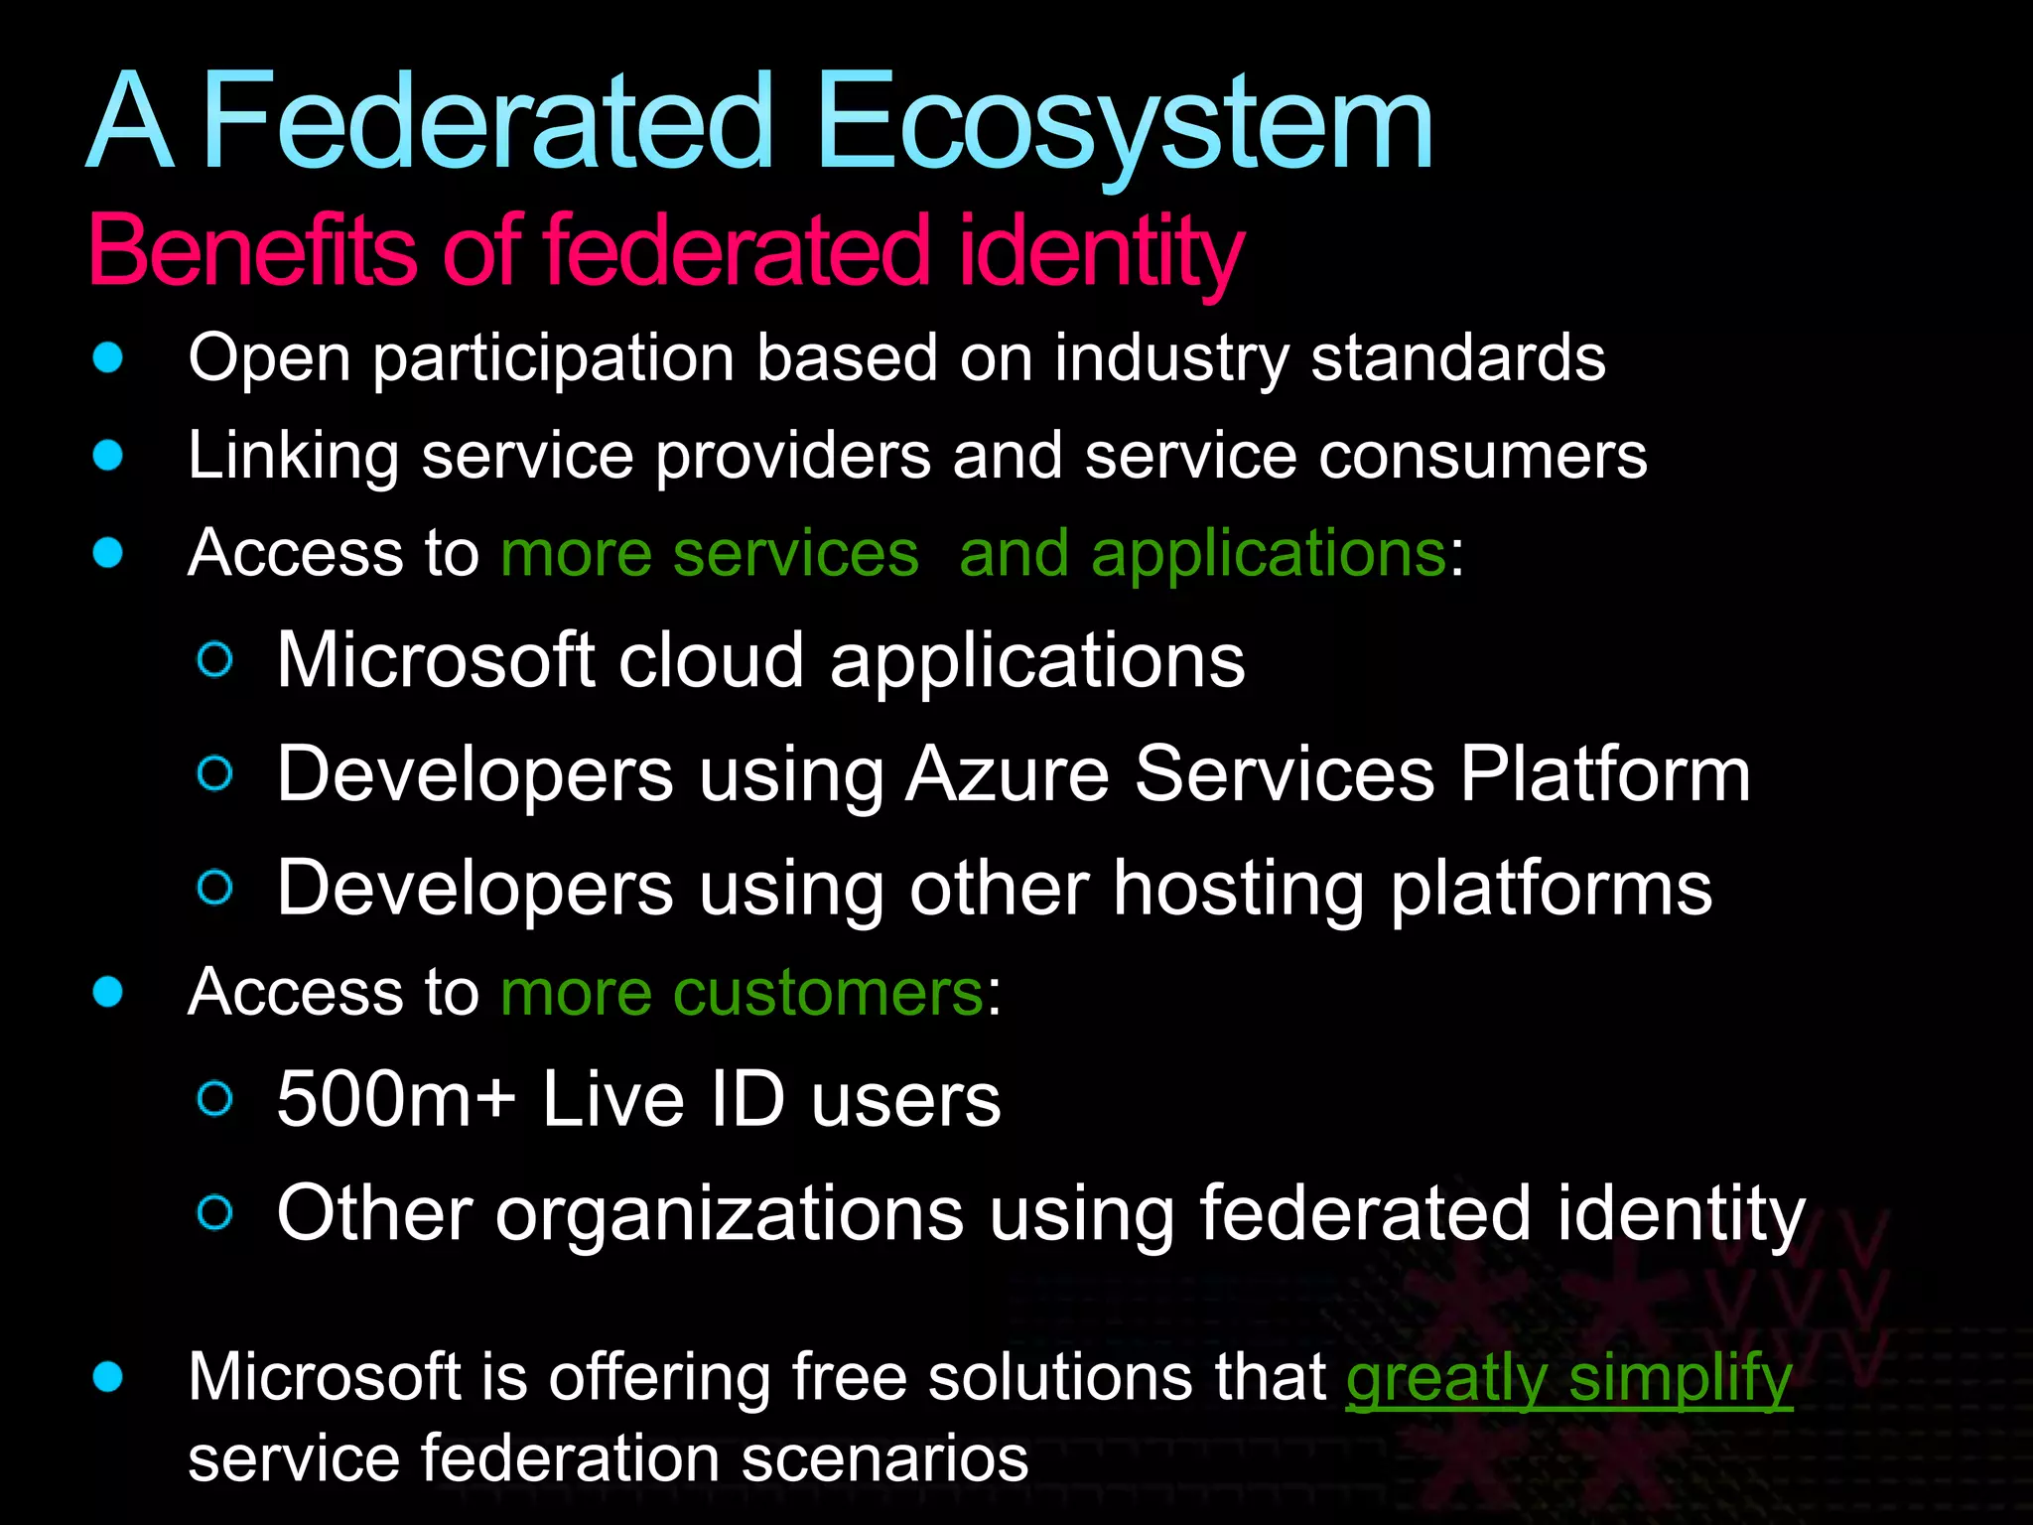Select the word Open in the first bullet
[269, 357]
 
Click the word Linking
[293, 456]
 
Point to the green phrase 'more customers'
[742, 992]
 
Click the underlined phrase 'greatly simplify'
[1568, 1378]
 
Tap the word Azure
[1008, 774]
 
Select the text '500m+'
[396, 1100]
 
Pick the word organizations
[730, 1213]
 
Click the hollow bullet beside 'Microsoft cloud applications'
[215, 660]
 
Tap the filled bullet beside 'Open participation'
[107, 357]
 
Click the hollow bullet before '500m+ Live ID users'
[215, 1099]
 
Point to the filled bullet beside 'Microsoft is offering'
[107, 1377]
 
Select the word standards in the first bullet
[1457, 357]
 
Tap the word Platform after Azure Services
[1605, 774]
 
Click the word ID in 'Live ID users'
[747, 1100]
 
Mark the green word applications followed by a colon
[1268, 553]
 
